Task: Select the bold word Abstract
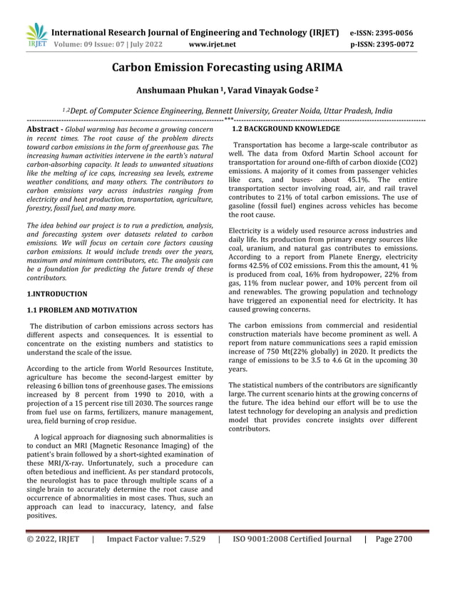click(41, 129)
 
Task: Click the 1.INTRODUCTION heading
click(56, 293)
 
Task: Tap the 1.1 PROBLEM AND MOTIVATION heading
click(81, 310)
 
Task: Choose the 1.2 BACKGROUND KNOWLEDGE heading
click(285, 129)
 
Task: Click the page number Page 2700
click(393, 560)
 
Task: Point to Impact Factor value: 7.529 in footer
click(155, 560)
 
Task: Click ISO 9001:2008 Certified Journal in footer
click(292, 560)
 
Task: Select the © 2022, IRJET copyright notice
click(53, 560)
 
